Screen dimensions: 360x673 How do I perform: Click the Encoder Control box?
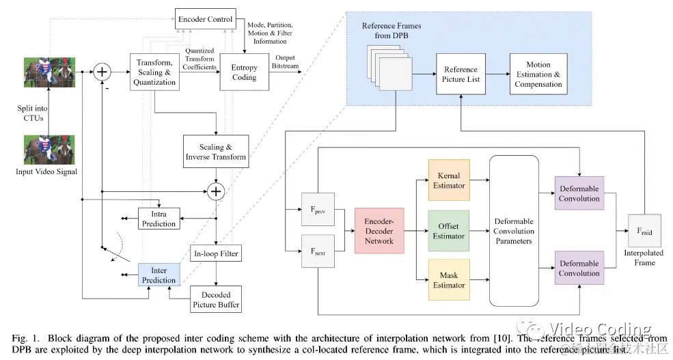click(205, 18)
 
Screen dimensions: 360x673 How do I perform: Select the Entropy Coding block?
click(244, 72)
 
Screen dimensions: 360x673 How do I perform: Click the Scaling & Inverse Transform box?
click(216, 152)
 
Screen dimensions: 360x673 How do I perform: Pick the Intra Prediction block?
click(159, 219)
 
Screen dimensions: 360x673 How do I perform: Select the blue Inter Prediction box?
click(159, 275)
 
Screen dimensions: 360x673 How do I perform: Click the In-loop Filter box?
click(215, 254)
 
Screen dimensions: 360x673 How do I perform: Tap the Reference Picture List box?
click(461, 74)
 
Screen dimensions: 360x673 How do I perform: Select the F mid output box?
click(644, 232)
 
